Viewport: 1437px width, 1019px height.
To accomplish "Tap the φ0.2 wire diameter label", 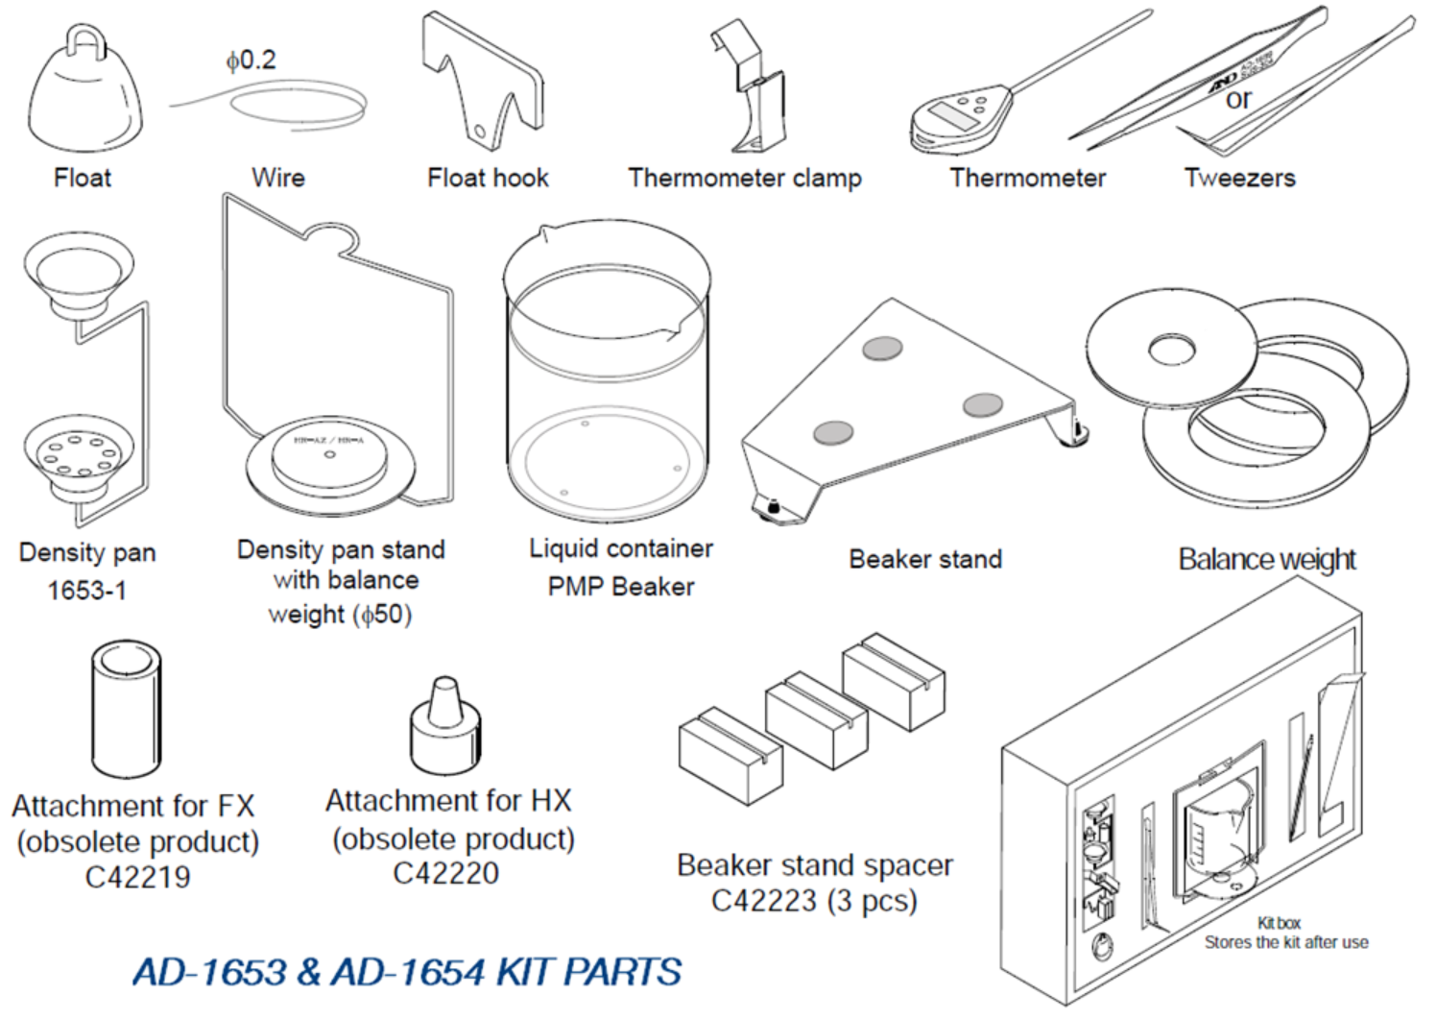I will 251,61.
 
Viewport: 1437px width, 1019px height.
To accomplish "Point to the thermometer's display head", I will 959,118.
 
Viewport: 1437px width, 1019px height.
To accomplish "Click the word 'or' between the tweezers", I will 1238,99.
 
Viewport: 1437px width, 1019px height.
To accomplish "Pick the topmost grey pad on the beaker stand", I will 881,348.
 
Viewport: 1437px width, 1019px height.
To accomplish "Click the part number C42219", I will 137,877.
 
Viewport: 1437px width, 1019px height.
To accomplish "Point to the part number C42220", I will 445,873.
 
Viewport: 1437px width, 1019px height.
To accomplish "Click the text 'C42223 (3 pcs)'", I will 813,901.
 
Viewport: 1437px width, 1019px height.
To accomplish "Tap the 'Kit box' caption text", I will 1279,923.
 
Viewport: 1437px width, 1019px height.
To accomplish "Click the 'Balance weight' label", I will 1266,559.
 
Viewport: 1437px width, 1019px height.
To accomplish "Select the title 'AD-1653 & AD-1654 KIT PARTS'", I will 407,972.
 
